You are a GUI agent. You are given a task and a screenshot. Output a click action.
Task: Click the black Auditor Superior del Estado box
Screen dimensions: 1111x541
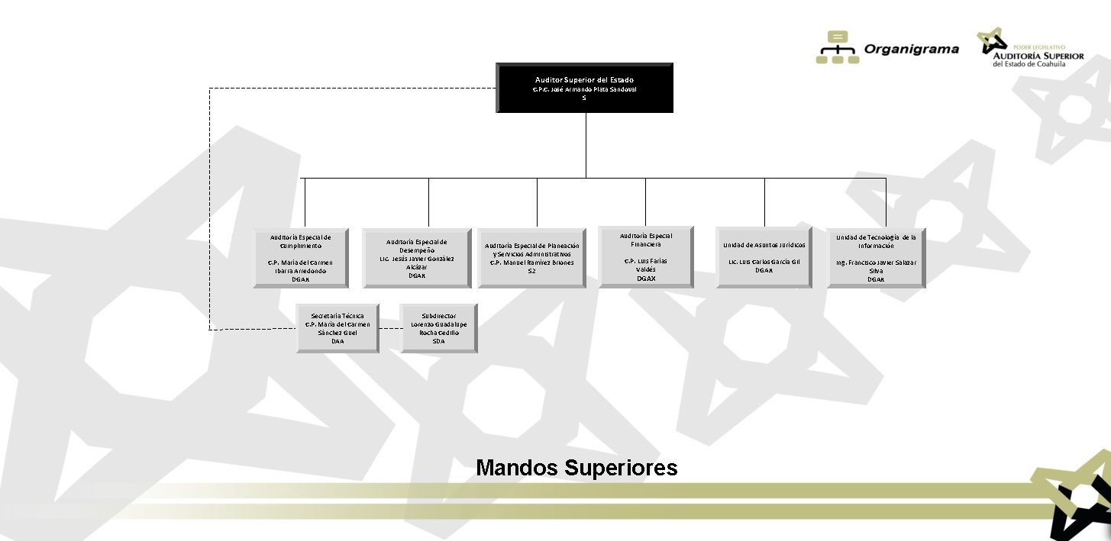584,88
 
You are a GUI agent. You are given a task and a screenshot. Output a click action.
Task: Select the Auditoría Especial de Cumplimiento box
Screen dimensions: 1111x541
301,258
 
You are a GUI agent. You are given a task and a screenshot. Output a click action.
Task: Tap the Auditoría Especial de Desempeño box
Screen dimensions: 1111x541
416,258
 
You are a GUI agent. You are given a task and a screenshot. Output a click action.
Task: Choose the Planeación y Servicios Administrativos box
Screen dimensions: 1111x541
531,258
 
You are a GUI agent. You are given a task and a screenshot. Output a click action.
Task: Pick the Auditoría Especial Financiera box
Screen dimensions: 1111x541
646,256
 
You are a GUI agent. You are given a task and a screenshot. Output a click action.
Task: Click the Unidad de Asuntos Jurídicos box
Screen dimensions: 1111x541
764,258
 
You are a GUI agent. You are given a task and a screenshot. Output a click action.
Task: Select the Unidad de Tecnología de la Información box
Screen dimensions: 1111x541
876,258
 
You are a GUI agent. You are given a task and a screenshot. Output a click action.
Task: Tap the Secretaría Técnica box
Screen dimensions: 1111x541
337,328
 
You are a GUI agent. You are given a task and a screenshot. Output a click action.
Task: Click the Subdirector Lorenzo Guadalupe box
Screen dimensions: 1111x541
438,328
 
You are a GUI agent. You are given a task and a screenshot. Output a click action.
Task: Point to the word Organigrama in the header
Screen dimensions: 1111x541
911,50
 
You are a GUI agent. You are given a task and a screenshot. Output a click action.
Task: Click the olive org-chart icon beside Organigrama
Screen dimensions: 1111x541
838,48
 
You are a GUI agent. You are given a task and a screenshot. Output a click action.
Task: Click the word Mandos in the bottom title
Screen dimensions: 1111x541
517,468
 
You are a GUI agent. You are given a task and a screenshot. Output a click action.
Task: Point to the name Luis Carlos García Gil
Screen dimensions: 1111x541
764,262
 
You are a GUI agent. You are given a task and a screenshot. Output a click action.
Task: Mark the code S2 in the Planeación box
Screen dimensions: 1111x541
531,271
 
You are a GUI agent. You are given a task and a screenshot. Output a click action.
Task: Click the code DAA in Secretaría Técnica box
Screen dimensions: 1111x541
337,341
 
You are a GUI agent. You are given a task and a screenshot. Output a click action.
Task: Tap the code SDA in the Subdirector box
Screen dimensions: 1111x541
438,341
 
